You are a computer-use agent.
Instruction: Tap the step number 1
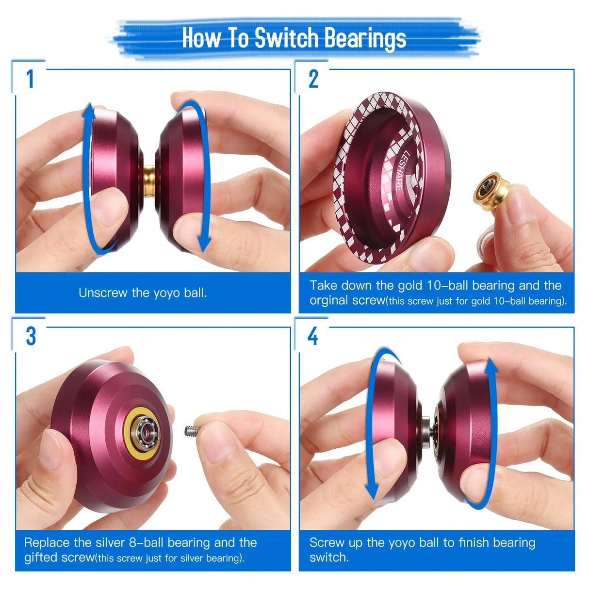tap(30, 79)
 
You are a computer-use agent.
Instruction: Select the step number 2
tap(313, 79)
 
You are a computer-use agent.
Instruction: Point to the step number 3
tap(31, 336)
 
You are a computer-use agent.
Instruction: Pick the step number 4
tap(313, 336)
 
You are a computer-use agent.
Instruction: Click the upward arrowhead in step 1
tap(88, 112)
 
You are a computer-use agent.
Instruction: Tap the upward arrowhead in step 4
tap(491, 368)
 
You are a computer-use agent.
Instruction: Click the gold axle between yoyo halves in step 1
tap(149, 180)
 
